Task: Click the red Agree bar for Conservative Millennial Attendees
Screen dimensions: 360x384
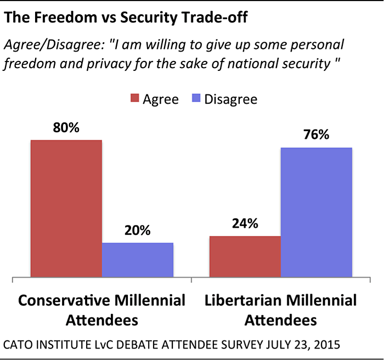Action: click(x=66, y=209)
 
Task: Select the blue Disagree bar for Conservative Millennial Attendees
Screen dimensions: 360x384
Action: click(x=138, y=260)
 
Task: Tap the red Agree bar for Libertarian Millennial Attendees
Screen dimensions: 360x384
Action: click(x=245, y=256)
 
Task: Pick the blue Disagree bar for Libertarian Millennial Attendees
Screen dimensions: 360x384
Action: click(x=316, y=212)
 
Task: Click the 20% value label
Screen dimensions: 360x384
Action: click(x=138, y=231)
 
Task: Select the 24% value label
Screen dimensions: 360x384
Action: click(x=245, y=224)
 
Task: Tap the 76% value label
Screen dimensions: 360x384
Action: click(x=316, y=135)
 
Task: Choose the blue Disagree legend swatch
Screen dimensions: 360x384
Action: click(x=195, y=99)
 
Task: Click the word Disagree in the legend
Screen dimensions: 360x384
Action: click(x=230, y=99)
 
